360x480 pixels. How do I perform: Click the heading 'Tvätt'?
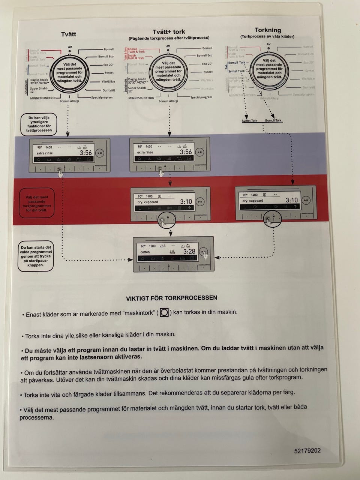(x=69, y=34)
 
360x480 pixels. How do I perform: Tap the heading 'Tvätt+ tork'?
(x=169, y=32)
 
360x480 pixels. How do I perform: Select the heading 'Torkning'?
(x=267, y=30)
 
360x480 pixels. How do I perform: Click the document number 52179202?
(x=307, y=451)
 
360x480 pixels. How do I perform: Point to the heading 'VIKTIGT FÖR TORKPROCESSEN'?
(x=171, y=298)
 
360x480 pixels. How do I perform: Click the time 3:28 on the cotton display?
(x=189, y=251)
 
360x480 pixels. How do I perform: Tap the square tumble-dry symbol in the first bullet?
(x=164, y=312)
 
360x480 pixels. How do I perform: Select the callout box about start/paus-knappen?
(x=36, y=256)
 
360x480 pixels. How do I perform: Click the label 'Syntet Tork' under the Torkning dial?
(x=249, y=121)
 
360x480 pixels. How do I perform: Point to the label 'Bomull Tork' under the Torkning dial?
(x=273, y=120)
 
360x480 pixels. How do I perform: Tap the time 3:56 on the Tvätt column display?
(x=85, y=153)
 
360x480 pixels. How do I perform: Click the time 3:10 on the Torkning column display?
(x=291, y=200)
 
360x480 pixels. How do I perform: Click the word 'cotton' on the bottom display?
(x=145, y=252)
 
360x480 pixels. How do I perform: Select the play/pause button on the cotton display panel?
(x=203, y=252)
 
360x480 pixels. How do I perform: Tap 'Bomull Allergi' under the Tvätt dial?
(x=69, y=101)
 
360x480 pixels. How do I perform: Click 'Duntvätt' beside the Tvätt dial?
(x=108, y=90)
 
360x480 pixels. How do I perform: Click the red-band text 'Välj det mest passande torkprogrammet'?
(x=37, y=203)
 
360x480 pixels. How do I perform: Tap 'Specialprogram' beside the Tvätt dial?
(x=102, y=97)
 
